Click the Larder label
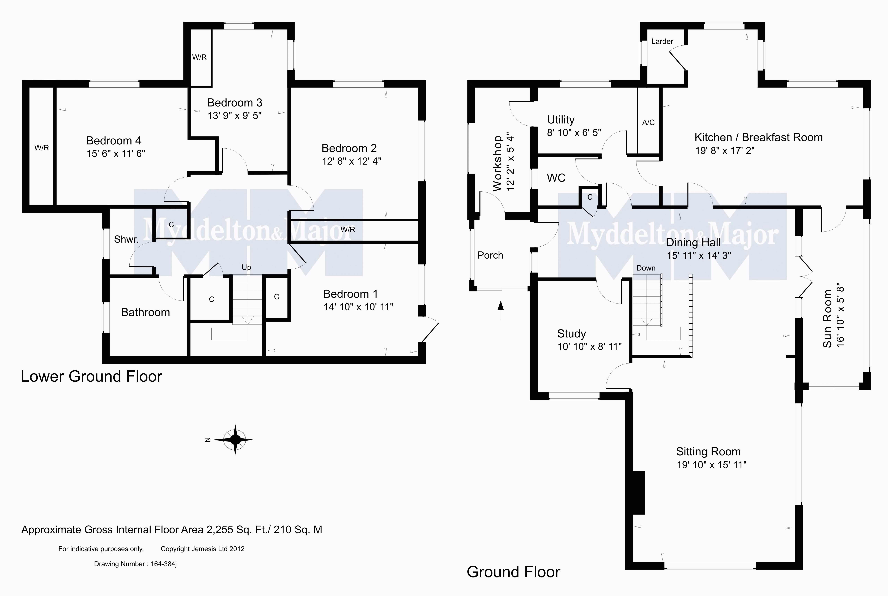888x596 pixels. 662,41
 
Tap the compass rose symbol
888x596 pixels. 235,440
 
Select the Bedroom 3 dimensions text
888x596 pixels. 235,115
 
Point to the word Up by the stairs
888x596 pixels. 246,268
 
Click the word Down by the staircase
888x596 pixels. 646,268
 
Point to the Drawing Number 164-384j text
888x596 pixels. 135,564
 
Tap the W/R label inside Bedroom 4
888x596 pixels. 42,148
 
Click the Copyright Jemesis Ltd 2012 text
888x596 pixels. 203,549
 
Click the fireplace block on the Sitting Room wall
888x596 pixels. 639,493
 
